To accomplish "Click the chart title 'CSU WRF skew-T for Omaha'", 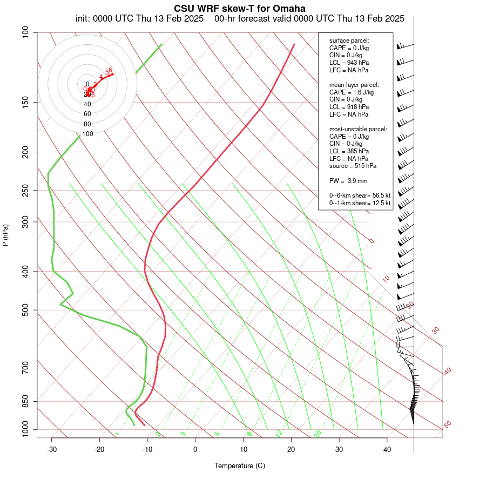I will [239, 9].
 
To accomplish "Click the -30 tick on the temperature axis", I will [52, 449].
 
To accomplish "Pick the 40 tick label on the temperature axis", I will [387, 449].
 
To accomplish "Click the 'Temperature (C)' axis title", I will [239, 465].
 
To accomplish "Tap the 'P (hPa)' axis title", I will [5, 235].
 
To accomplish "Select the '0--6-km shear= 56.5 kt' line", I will [360, 195].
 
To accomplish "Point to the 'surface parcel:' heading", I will [349, 40].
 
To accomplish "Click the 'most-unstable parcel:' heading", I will [358, 129].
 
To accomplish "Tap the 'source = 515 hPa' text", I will [353, 166].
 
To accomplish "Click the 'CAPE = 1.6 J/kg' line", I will [351, 92].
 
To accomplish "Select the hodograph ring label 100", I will [87, 134].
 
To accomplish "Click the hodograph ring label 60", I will [87, 114].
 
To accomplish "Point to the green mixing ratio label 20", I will [318, 433].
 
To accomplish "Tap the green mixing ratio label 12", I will [279, 433].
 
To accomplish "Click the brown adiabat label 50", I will [447, 425].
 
